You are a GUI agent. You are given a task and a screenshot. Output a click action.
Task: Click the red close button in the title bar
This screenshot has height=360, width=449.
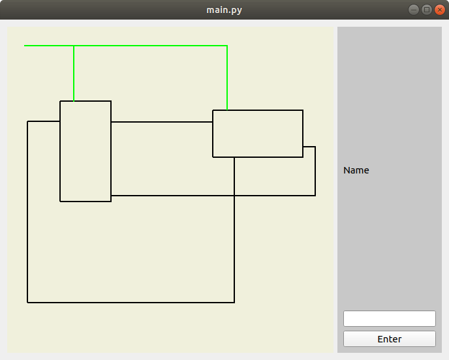pyautogui.click(x=439, y=10)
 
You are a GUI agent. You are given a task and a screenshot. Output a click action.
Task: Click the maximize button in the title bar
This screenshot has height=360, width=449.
pyautogui.click(x=427, y=10)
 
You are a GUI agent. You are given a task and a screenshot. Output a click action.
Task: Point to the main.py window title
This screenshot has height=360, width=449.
pyautogui.click(x=224, y=10)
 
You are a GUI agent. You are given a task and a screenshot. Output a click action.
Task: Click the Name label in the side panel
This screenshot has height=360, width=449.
pyautogui.click(x=356, y=170)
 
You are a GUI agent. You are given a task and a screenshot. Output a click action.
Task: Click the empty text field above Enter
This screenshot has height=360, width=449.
pyautogui.click(x=389, y=318)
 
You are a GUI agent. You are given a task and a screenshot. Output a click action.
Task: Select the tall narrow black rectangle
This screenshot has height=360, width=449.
pyautogui.click(x=85, y=151)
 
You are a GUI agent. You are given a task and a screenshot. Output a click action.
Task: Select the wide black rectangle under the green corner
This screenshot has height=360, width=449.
pyautogui.click(x=258, y=134)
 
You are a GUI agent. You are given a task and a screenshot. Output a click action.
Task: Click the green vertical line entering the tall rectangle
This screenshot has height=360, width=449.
pyautogui.click(x=74, y=74)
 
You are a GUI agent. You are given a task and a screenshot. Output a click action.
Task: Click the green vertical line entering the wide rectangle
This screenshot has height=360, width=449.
pyautogui.click(x=227, y=78)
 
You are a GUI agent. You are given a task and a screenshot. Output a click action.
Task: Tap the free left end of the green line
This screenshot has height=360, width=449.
pyautogui.click(x=25, y=46)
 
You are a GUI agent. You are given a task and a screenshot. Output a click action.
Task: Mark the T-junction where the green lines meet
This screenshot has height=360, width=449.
pyautogui.click(x=74, y=46)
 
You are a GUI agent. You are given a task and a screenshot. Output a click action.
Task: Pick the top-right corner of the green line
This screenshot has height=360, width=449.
pyautogui.click(x=227, y=46)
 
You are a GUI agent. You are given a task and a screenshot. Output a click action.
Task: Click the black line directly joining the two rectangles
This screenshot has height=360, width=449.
pyautogui.click(x=162, y=122)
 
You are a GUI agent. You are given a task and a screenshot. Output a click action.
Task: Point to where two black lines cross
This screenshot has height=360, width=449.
pyautogui.click(x=234, y=195)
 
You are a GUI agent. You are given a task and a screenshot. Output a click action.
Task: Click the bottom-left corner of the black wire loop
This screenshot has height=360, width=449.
pyautogui.click(x=27, y=303)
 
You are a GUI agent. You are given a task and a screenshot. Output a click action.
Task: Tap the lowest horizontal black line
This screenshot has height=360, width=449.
pyautogui.click(x=131, y=303)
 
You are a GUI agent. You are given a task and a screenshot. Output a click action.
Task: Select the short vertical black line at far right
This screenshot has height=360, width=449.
pyautogui.click(x=315, y=171)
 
